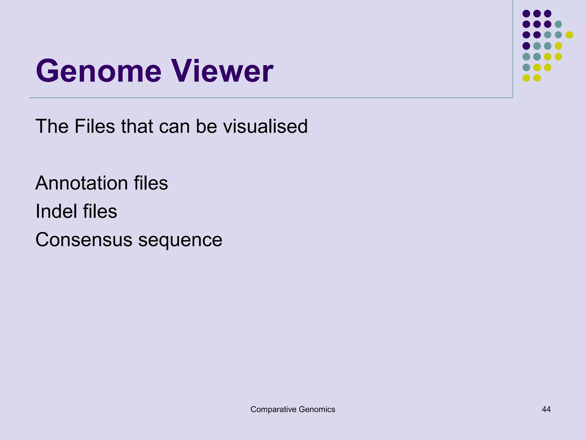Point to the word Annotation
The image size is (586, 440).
[82, 183]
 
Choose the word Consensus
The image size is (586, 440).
[84, 240]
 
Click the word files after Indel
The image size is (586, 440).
[100, 211]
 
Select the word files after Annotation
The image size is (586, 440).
[151, 183]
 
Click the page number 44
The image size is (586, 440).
[546, 409]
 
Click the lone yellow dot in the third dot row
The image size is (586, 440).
[569, 35]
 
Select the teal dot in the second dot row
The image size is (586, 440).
[558, 24]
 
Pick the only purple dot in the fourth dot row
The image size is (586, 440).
[526, 46]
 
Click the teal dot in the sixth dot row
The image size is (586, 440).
[526, 67]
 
